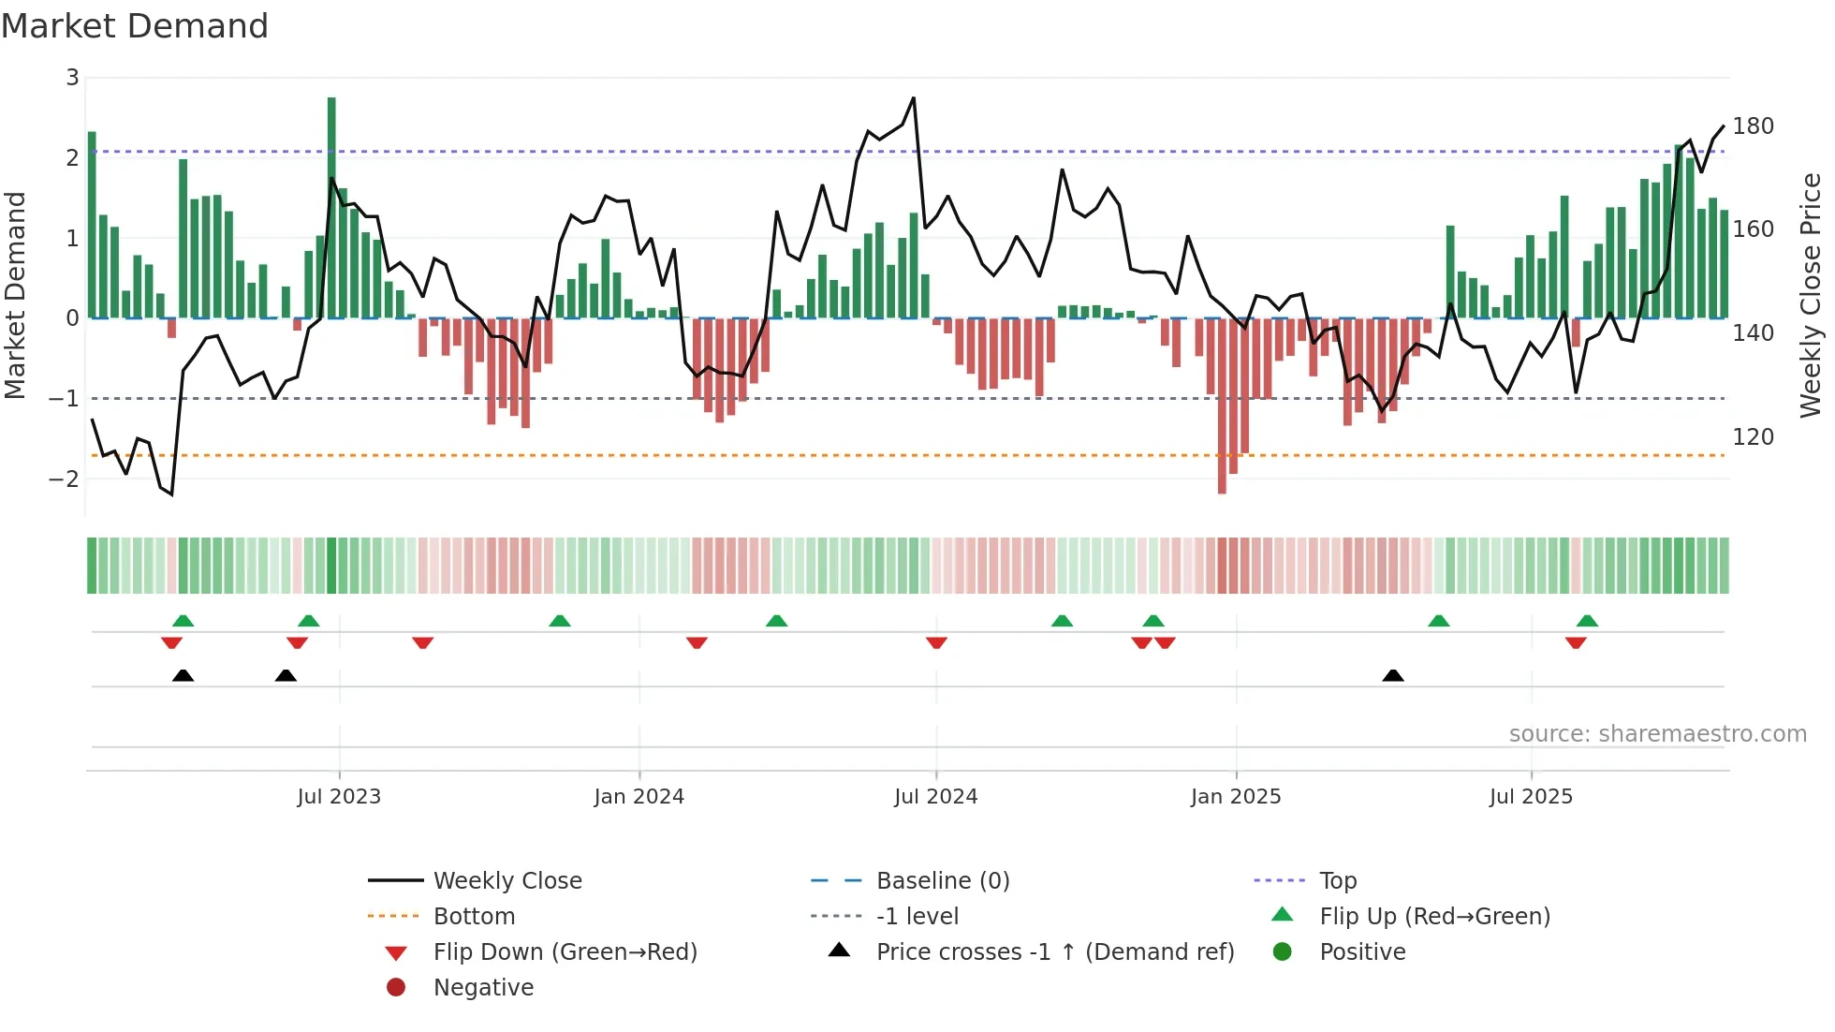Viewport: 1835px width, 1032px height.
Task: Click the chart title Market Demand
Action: coord(135,26)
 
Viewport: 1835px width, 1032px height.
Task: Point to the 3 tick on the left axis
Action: coord(72,78)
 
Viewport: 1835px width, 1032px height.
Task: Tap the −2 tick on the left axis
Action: coord(65,479)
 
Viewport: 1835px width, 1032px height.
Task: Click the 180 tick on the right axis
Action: coord(1753,126)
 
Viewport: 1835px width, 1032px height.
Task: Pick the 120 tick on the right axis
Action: coord(1753,437)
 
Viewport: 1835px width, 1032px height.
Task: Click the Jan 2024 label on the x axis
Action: coord(639,797)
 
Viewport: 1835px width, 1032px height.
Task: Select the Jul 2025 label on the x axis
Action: coord(1531,797)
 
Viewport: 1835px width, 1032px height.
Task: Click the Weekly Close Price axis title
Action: coord(1811,295)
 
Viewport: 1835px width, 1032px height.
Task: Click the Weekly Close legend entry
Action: coord(506,881)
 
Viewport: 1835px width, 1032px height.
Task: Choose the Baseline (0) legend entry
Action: coord(942,881)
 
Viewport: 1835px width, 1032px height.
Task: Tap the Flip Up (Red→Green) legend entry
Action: coord(1434,917)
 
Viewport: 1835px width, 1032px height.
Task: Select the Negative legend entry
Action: coord(483,988)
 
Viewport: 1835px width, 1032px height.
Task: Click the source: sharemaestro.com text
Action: coord(1657,734)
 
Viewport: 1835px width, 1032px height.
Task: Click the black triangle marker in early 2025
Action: coord(1393,676)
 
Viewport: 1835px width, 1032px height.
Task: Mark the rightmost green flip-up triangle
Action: coord(1587,621)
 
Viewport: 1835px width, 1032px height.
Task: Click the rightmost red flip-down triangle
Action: coord(1576,642)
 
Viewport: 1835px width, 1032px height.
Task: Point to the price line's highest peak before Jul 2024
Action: coord(913,98)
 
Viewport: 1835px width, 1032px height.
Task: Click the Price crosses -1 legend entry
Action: coord(1054,952)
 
